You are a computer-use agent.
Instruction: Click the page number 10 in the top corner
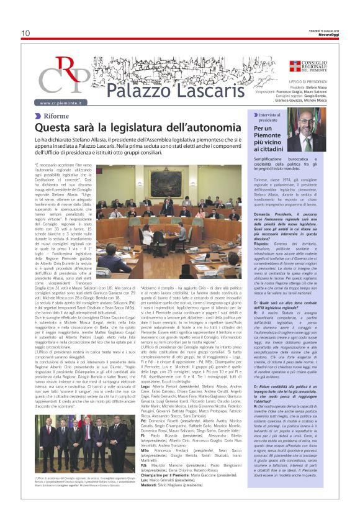25,33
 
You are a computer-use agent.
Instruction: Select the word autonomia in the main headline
202,129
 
